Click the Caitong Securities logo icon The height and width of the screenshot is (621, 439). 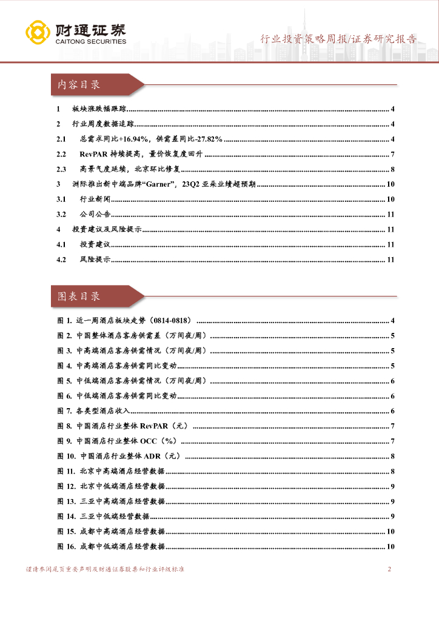37,33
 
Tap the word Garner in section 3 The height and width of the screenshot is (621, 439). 167,184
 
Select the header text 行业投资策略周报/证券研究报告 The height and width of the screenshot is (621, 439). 338,39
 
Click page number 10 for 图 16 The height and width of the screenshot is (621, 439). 391,547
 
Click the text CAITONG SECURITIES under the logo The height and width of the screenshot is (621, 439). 90,42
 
